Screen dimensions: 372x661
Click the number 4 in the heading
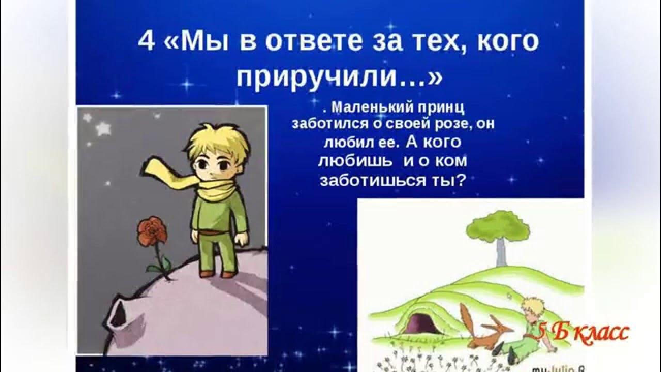coord(147,42)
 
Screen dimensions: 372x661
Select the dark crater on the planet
coord(117,315)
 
